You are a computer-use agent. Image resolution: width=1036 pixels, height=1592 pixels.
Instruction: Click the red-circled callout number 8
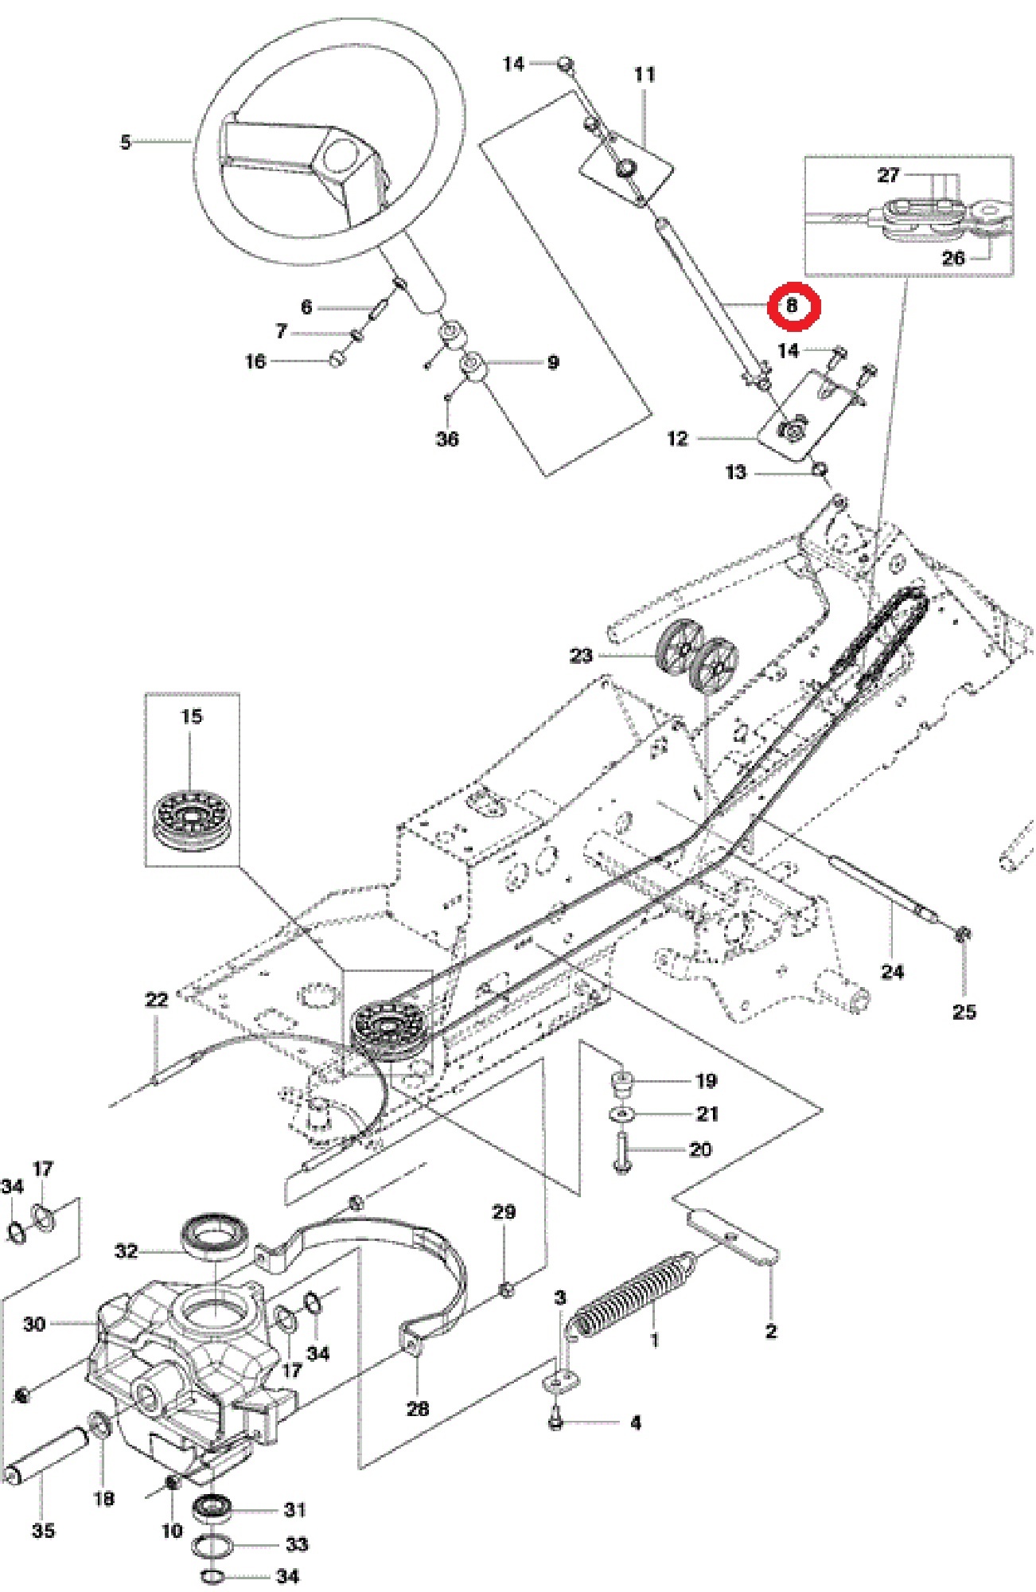(x=793, y=306)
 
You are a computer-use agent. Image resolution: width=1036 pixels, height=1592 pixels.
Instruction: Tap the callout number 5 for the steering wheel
(x=126, y=142)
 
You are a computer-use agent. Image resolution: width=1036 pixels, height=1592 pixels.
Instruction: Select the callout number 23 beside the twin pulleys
(x=581, y=655)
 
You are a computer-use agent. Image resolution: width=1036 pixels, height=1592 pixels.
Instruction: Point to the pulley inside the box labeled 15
(x=191, y=819)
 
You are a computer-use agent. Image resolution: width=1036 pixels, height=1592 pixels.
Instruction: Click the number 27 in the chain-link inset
(x=888, y=175)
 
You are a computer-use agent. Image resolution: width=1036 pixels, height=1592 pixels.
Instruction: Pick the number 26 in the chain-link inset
(x=952, y=258)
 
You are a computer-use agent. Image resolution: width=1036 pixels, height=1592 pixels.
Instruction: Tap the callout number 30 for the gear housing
(x=33, y=1324)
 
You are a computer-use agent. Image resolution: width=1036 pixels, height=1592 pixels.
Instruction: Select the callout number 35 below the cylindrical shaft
(x=43, y=1530)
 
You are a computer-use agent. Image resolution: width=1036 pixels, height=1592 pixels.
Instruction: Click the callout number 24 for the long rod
(x=892, y=971)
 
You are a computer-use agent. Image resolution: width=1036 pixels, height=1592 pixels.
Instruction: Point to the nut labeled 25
(x=962, y=934)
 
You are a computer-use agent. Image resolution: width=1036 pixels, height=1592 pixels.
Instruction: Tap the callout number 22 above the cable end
(x=157, y=1000)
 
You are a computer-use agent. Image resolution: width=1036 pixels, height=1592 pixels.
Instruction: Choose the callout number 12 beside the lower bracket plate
(x=677, y=439)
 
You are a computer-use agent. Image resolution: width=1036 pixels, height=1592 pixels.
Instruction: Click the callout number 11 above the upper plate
(x=645, y=75)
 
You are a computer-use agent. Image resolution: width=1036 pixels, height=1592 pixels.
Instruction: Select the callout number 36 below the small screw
(x=447, y=439)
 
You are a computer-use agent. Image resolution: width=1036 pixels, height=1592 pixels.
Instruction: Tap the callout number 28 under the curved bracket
(x=418, y=1408)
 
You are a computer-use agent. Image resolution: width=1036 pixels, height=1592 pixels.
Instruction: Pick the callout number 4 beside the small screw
(x=635, y=1422)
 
